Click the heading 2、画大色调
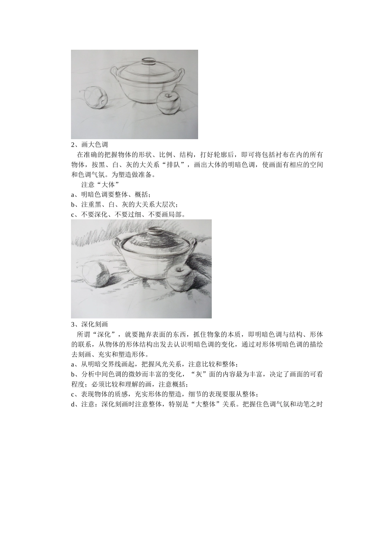point(89,145)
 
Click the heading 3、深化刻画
point(89,324)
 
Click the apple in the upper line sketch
point(169,103)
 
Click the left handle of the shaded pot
point(118,243)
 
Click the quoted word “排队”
point(173,165)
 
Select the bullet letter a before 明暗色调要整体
point(73,195)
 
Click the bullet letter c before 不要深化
point(73,215)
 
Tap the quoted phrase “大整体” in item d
point(205,404)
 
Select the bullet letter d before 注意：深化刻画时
point(73,404)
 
